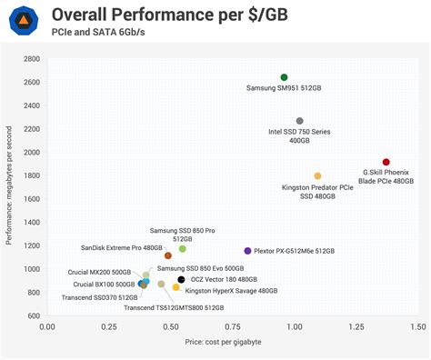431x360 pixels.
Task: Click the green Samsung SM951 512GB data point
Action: [284, 77]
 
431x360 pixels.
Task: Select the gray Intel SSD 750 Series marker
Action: [299, 121]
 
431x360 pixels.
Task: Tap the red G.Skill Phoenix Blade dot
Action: [386, 162]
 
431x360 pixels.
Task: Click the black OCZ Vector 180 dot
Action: [181, 280]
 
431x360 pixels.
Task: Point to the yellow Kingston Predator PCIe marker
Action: [317, 176]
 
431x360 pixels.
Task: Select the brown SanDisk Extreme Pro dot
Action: [167, 256]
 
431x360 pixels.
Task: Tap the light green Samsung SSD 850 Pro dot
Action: [182, 248]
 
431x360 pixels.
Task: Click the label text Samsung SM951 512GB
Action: [283, 89]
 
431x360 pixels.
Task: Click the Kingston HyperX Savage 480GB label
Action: [232, 291]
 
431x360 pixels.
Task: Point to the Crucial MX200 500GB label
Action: [102, 272]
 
